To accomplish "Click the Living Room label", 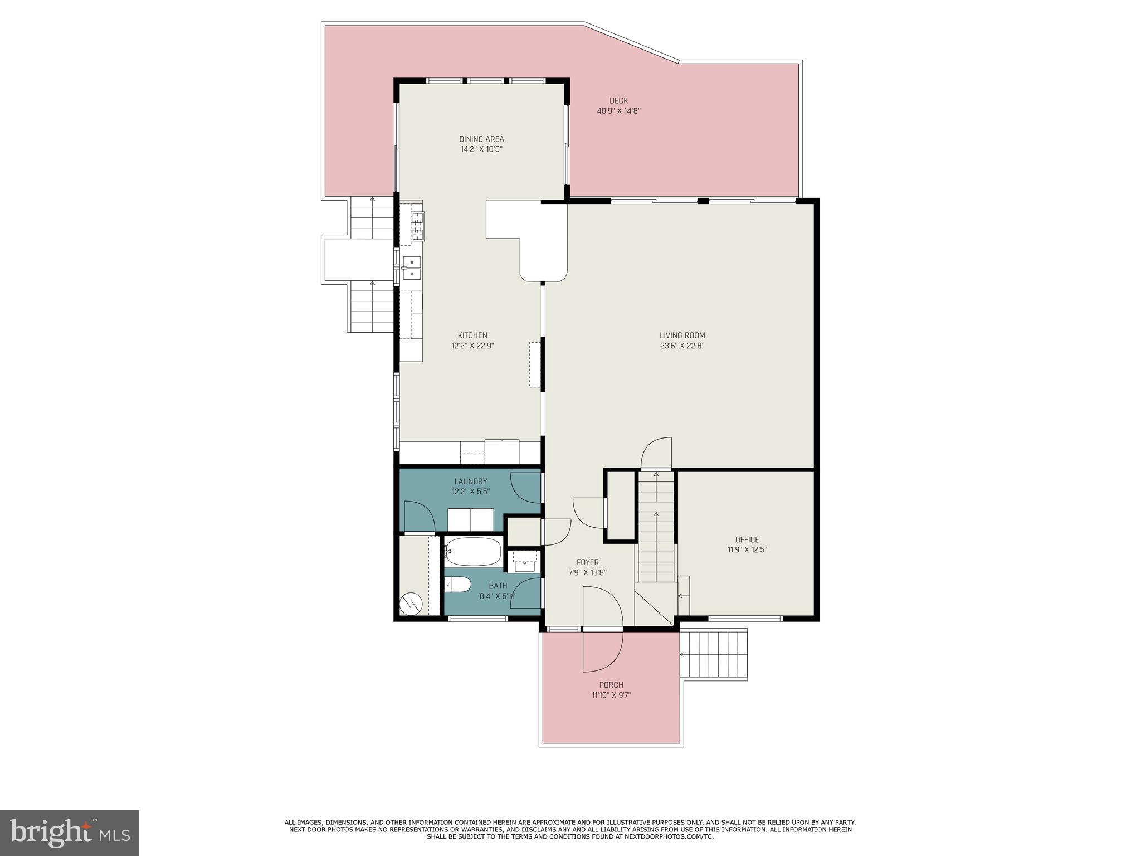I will (x=682, y=335).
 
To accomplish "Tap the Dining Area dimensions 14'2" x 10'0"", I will (x=481, y=149).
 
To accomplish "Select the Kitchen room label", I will (x=472, y=335).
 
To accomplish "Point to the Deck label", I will (x=618, y=101).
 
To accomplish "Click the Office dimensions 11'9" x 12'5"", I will (x=747, y=549).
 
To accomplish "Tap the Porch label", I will (x=611, y=685).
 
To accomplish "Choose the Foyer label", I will (x=587, y=562).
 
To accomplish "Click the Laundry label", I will (x=470, y=481).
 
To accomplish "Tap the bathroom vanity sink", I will (x=524, y=562).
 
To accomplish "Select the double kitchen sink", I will (x=412, y=268).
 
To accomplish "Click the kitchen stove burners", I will (x=417, y=226).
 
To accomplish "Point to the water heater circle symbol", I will (x=411, y=604).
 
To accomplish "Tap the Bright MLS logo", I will (x=70, y=832).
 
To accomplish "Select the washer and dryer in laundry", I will (x=471, y=520).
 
